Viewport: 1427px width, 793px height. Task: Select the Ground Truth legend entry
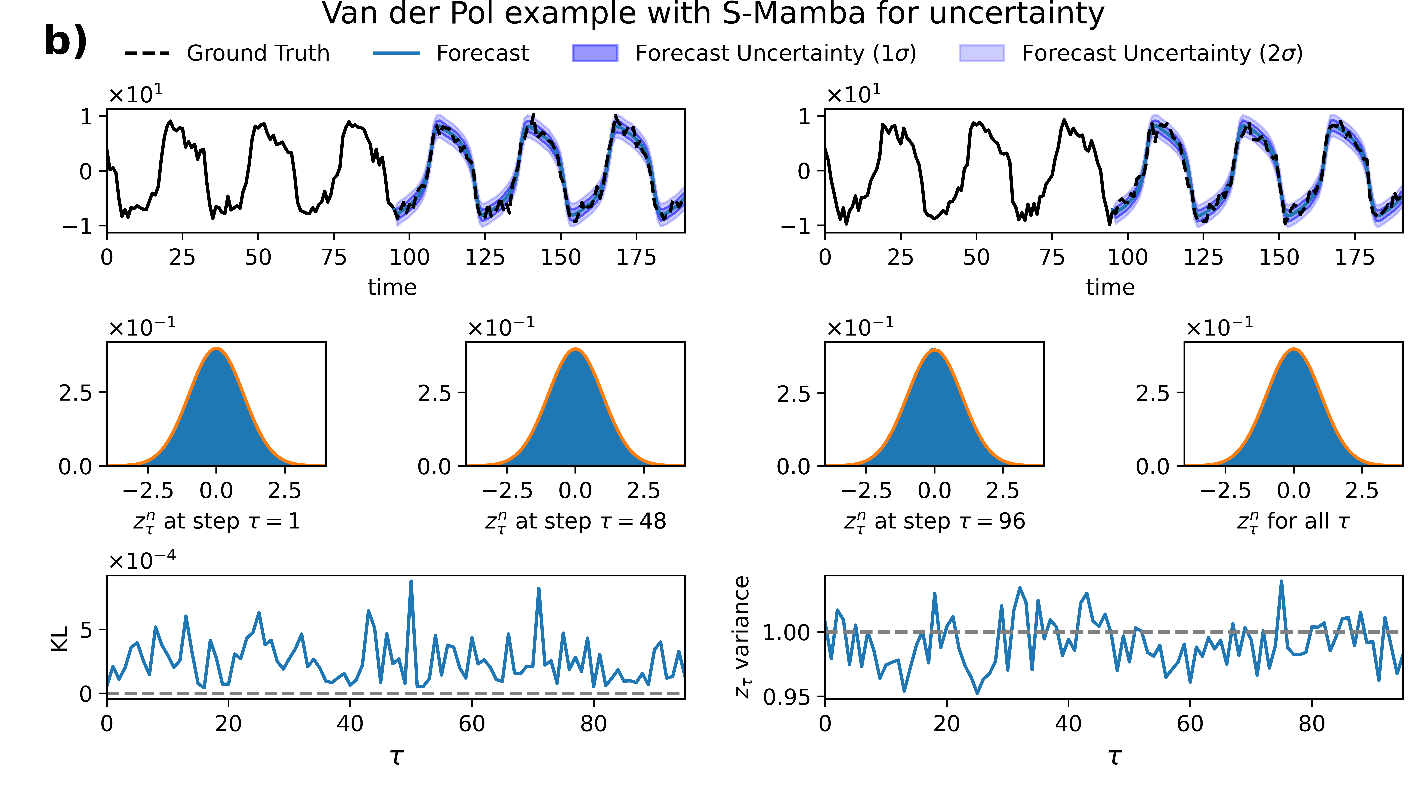point(258,53)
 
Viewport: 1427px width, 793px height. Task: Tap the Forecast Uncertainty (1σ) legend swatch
point(595,53)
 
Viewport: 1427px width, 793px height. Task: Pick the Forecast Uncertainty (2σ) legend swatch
point(981,53)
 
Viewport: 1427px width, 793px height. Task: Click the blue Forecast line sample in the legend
point(397,53)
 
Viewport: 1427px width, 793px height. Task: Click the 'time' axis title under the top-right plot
point(1110,287)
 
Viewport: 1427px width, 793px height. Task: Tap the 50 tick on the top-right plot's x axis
point(976,257)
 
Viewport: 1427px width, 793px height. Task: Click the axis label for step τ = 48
point(575,521)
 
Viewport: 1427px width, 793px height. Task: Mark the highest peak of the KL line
point(410,581)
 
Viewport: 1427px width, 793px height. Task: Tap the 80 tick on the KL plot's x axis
point(593,723)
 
